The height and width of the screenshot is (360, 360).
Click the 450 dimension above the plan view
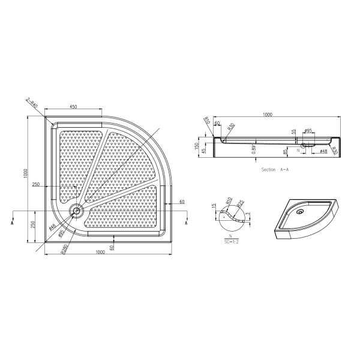pyautogui.click(x=73, y=107)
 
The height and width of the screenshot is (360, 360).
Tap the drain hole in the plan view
pyautogui.click(x=76, y=210)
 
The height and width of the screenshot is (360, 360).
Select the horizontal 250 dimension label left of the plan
pyautogui.click(x=36, y=185)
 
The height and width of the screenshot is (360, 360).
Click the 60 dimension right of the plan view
pyautogui.click(x=181, y=202)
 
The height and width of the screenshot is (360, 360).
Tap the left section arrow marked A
pyautogui.click(x=13, y=222)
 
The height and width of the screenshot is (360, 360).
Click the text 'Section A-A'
pyautogui.click(x=275, y=170)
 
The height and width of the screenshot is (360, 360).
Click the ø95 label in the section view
pyautogui.click(x=307, y=131)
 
